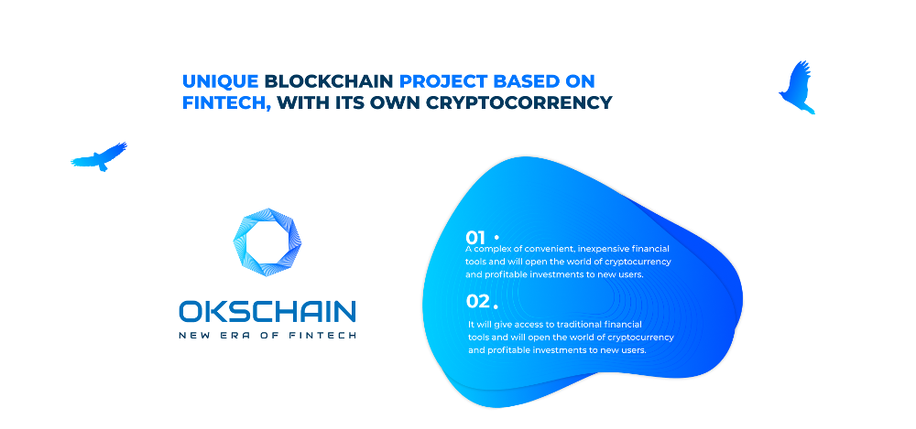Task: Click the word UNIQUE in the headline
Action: [x=220, y=81]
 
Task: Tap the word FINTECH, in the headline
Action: [x=226, y=102]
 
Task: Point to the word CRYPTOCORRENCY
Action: [x=518, y=102]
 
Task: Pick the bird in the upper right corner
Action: [x=797, y=87]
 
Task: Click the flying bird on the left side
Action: [x=99, y=156]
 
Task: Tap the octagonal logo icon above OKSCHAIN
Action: [x=267, y=242]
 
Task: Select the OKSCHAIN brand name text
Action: [x=267, y=312]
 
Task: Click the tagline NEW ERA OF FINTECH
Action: [x=267, y=335]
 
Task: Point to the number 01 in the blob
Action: [x=475, y=238]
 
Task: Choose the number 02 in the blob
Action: [x=478, y=301]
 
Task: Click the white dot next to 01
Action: [x=496, y=237]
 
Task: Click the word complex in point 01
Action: [x=490, y=250]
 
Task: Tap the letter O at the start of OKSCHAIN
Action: [x=190, y=312]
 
